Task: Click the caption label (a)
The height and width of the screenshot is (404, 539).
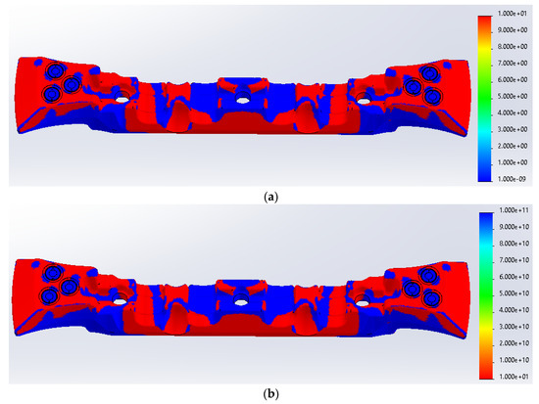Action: tap(269, 195)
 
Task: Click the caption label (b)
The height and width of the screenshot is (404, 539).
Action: tap(269, 395)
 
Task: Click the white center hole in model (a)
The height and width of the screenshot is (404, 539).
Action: tap(241, 99)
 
